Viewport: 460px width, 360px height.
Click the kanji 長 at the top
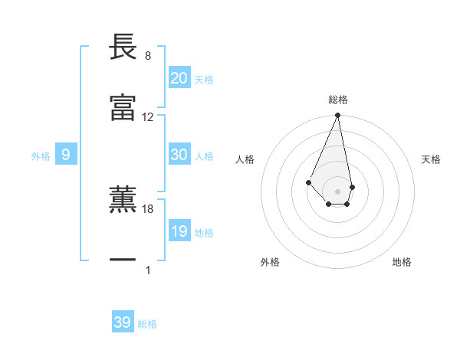coord(123,47)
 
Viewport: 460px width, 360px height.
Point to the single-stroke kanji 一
coord(123,260)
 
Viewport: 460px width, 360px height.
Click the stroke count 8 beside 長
coord(147,56)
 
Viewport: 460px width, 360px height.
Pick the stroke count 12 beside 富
coord(148,116)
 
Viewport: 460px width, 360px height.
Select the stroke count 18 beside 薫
coord(148,208)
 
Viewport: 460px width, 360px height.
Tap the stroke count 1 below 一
coord(148,270)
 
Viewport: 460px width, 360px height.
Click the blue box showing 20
coord(179,78)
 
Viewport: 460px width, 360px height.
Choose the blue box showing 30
coord(179,155)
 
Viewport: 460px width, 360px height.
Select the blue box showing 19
coord(179,231)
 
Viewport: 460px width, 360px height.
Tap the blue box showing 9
coord(66,155)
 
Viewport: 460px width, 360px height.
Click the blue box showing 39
coord(123,322)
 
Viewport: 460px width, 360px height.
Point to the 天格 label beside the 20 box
coord(204,80)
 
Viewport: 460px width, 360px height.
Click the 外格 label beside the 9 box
coord(41,156)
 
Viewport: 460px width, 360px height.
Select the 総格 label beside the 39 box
coord(147,324)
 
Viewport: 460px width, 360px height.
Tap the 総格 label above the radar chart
coord(337,100)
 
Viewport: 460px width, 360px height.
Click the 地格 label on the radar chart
coord(402,262)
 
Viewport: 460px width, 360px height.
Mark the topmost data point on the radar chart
coord(337,116)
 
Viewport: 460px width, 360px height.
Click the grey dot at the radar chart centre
coord(337,191)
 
